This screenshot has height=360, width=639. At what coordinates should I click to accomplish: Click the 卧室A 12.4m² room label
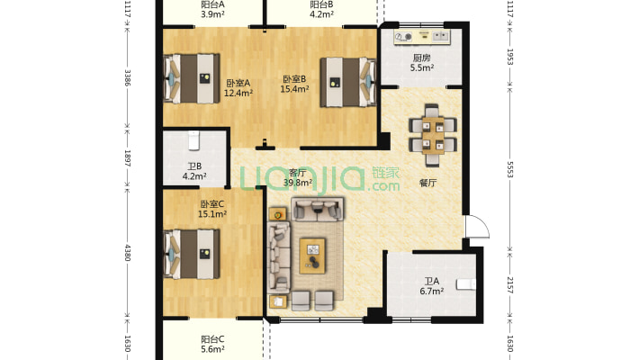tap(238, 88)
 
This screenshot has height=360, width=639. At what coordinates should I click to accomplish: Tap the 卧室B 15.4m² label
tap(294, 84)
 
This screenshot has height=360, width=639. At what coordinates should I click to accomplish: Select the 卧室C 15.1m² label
tap(212, 209)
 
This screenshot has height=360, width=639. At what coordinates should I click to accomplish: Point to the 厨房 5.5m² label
tap(422, 63)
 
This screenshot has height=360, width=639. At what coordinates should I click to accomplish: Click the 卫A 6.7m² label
tap(432, 286)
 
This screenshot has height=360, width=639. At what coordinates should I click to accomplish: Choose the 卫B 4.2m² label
tap(194, 171)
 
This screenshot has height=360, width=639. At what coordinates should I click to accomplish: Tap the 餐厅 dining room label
tap(427, 183)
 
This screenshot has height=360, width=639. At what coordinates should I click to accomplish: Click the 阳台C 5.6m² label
tap(212, 344)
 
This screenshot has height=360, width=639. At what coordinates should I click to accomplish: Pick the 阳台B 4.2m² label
tap(322, 9)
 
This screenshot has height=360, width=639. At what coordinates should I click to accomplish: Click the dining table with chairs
tap(432, 135)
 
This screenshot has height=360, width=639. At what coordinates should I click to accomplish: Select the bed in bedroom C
tap(192, 254)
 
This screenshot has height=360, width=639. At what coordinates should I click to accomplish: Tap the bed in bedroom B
tap(348, 82)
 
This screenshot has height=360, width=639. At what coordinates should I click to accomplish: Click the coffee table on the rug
tap(312, 256)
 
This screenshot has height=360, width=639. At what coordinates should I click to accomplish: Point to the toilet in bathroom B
tap(193, 140)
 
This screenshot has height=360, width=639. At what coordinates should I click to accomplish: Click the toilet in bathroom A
tap(466, 283)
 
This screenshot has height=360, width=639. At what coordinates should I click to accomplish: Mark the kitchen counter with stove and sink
tap(422, 37)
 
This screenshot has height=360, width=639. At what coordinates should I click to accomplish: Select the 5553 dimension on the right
tap(509, 169)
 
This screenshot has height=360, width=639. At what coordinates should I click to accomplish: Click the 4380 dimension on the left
tap(127, 253)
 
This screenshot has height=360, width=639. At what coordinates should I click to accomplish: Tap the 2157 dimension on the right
tap(509, 284)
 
